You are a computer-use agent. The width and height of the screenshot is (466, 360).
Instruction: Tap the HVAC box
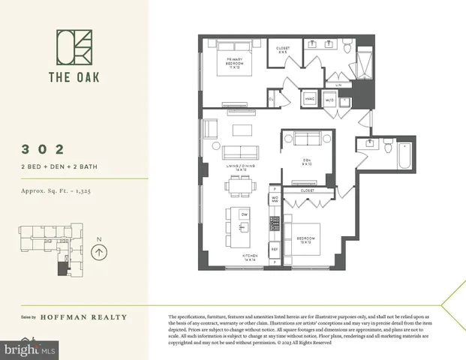[x=309, y=99]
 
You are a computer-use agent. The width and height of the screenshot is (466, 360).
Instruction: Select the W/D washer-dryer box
[x=329, y=99]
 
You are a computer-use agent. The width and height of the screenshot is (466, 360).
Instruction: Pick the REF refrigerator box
[x=275, y=248]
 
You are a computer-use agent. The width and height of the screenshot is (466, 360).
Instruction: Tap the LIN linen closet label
[x=338, y=85]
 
